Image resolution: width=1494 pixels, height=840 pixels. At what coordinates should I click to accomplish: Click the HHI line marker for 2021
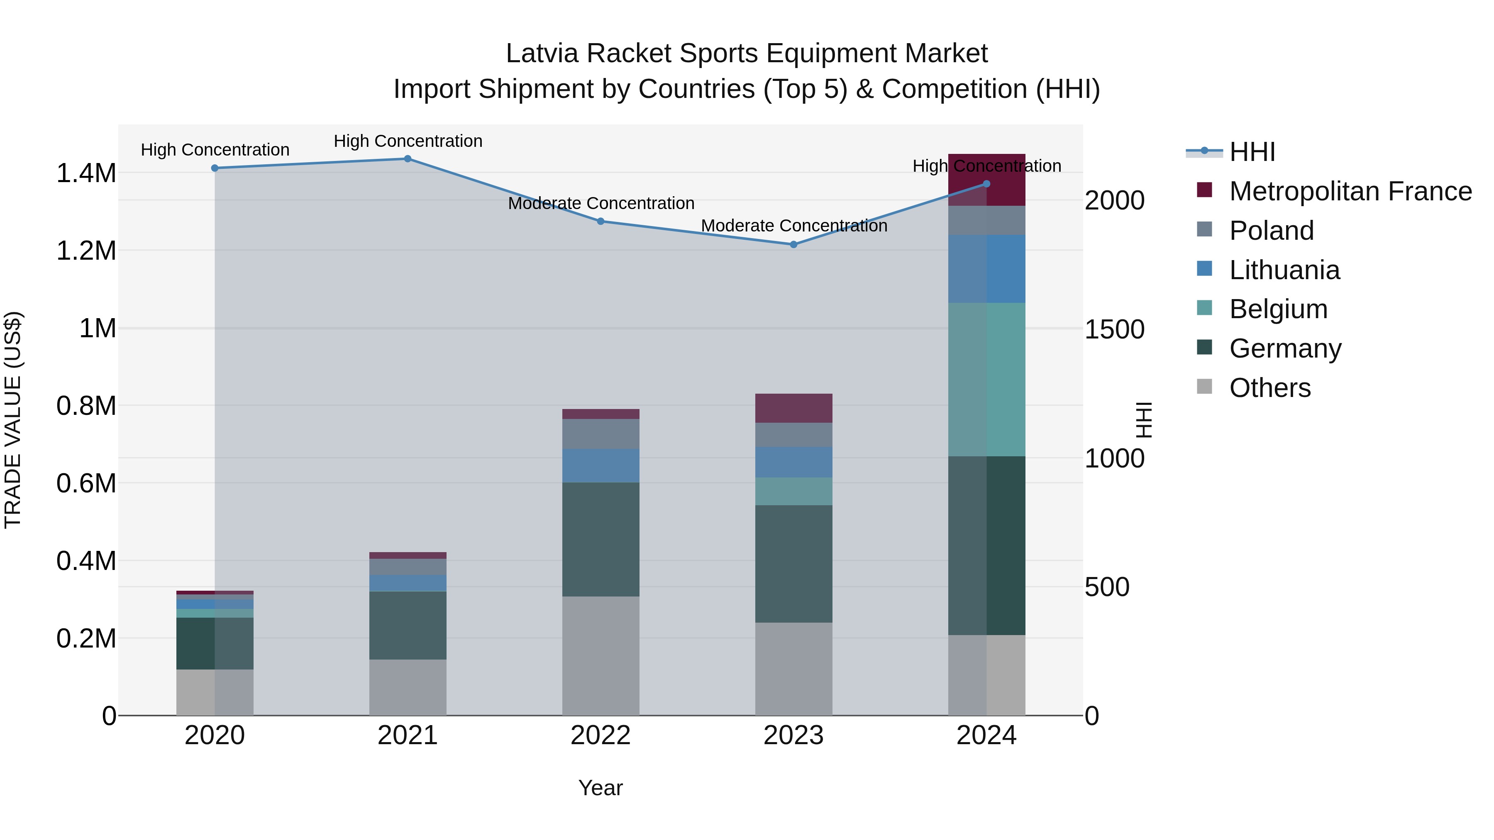[407, 159]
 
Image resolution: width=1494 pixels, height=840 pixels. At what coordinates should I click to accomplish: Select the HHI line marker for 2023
[793, 245]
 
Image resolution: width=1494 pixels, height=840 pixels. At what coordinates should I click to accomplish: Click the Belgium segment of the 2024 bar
[986, 380]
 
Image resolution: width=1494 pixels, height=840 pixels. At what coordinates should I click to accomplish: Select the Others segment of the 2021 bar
[407, 687]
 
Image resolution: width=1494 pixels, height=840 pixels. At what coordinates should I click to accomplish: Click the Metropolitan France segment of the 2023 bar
[793, 408]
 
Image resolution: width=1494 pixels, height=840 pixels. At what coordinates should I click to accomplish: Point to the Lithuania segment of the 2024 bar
[986, 269]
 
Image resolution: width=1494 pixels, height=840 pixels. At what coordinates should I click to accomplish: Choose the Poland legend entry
[1271, 231]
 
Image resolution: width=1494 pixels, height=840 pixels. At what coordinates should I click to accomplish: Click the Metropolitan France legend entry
[1350, 191]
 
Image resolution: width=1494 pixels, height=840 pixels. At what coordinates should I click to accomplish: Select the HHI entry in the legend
[1252, 152]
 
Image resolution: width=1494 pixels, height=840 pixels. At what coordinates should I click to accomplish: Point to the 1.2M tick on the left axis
[86, 251]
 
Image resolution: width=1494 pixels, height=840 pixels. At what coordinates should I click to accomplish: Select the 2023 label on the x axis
[793, 735]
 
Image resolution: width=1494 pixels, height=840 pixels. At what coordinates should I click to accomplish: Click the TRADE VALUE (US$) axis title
[13, 420]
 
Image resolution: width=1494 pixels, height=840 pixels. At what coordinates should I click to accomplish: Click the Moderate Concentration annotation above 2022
[601, 204]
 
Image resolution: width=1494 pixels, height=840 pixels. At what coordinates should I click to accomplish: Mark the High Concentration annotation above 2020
[215, 150]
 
